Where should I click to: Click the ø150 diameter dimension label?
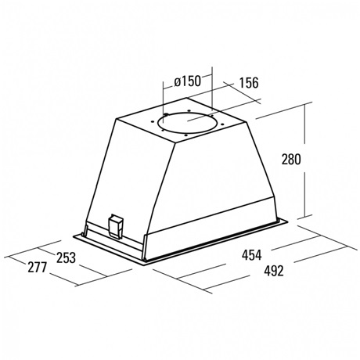pyautogui.click(x=188, y=81)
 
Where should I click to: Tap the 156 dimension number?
pyautogui.click(x=249, y=83)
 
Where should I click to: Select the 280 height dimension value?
pyautogui.click(x=291, y=160)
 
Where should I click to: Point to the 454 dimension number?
pyautogui.click(x=251, y=255)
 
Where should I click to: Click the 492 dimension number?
pyautogui.click(x=273, y=271)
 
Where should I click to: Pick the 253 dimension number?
pyautogui.click(x=66, y=257)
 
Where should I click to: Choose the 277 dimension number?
pyautogui.click(x=38, y=268)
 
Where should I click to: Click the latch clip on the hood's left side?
pyautogui.click(x=116, y=226)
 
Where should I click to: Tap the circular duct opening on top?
pyautogui.click(x=187, y=123)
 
